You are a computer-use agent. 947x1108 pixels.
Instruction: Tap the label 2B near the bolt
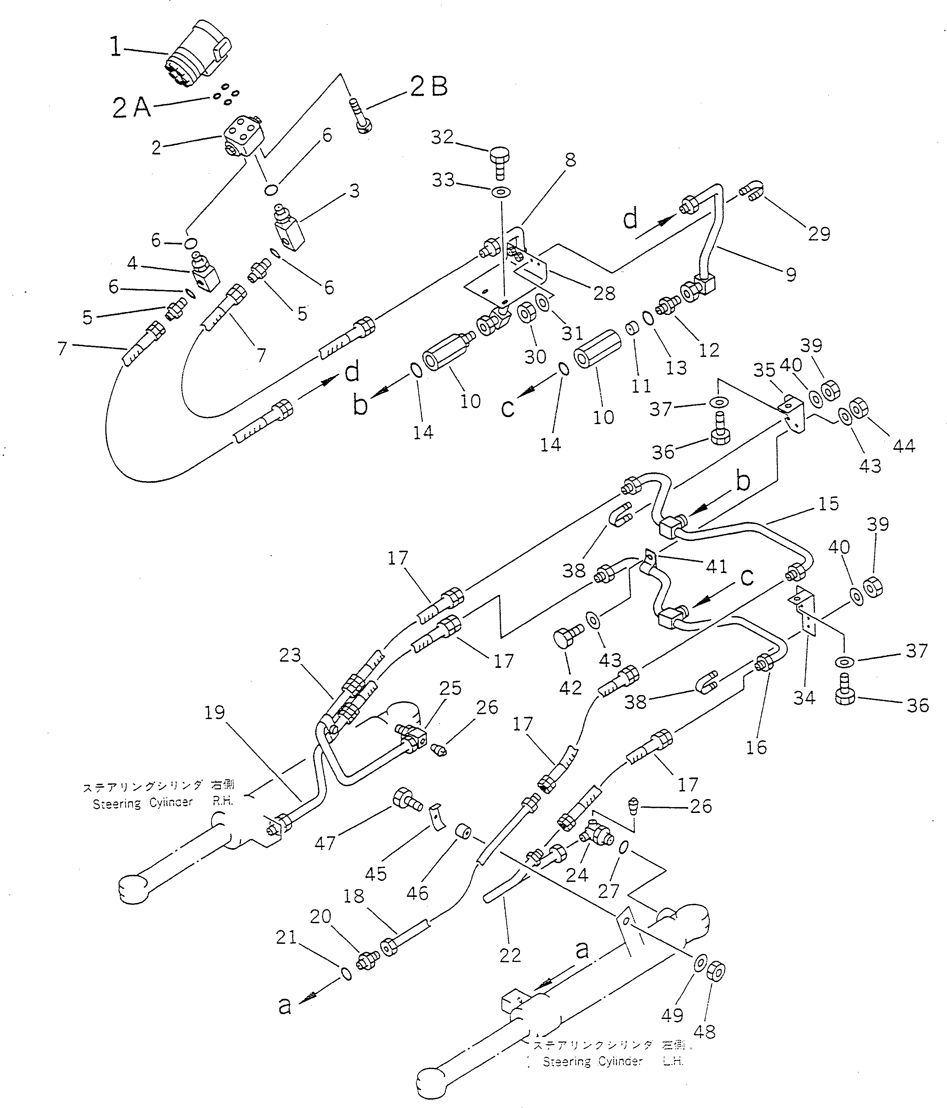point(429,87)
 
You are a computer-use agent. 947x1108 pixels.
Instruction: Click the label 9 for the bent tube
point(791,274)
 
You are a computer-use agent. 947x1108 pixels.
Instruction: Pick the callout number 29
point(819,234)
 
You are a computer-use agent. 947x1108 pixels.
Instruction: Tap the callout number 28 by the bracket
point(604,293)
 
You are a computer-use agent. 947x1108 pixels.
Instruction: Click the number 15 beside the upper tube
point(828,504)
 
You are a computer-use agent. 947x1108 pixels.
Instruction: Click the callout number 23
point(290,655)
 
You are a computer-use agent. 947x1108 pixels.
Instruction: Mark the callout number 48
point(704,1031)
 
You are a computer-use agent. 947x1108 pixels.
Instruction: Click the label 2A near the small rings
point(131,108)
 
